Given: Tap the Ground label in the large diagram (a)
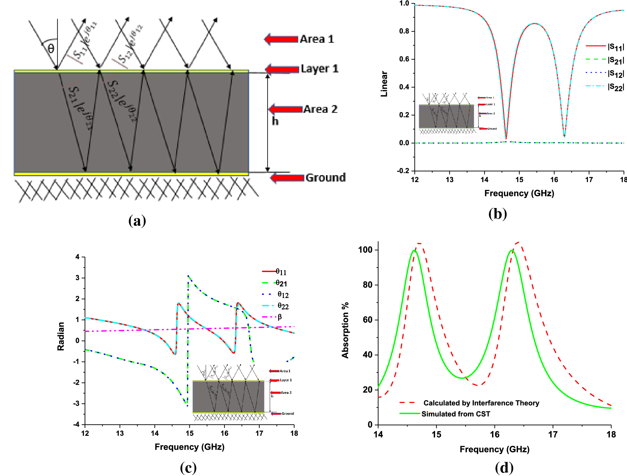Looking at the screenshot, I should coord(325,177).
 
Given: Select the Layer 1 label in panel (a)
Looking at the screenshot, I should coord(319,69).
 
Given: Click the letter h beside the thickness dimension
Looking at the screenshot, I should coord(275,121).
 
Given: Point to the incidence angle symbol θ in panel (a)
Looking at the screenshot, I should coord(51,49).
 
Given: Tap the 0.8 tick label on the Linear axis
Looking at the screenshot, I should coord(404,31).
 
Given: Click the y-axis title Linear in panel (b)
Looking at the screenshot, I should coord(384,84).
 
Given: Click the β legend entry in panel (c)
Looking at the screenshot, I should coord(279,317).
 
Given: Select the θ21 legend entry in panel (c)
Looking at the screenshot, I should coord(281,283).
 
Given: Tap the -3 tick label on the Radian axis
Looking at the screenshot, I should coord(77,404).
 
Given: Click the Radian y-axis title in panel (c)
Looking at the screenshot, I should coord(61,336).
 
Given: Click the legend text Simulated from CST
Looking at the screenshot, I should coord(456,414).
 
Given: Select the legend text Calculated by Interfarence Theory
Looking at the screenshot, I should coord(481,403).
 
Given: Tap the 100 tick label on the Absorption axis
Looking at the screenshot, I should coord(365,250).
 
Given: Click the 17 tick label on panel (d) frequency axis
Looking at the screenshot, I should coord(553,434).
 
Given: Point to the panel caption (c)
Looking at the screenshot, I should coord(188,468).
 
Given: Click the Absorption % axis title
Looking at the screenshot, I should coord(345,330).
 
